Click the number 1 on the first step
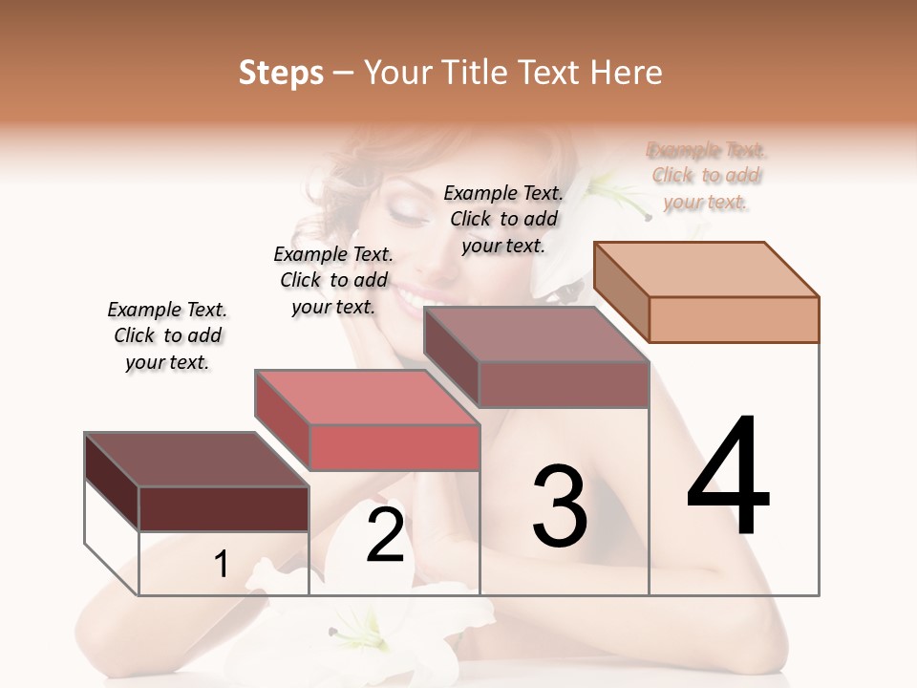pos(222,565)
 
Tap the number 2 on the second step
pos(385,535)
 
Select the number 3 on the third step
pos(560,505)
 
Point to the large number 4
pos(729,477)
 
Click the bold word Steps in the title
pos(281,73)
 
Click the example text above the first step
pos(167,335)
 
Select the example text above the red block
pos(333,280)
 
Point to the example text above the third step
pos(503,219)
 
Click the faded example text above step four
pos(707,176)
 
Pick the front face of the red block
pos(395,448)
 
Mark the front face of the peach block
pos(734,319)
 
